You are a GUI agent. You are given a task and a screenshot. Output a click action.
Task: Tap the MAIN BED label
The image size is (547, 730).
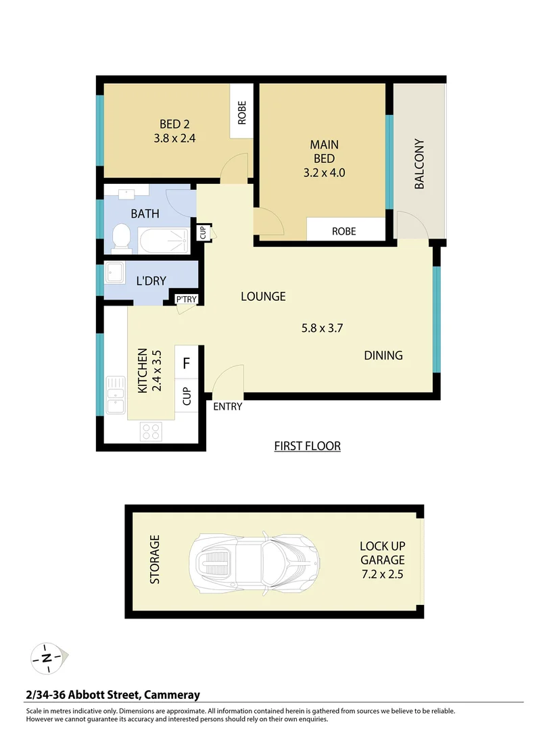(x=324, y=145)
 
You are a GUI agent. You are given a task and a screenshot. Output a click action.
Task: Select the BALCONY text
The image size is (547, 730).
(x=419, y=164)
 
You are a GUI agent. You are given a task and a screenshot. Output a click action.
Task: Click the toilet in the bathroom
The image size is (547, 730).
(x=121, y=237)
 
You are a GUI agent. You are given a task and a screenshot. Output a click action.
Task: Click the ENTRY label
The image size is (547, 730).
(x=227, y=407)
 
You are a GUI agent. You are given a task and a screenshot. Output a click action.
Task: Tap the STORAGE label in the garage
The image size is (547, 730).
(x=155, y=560)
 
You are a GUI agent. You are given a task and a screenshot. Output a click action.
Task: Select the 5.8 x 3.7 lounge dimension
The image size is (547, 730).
(x=323, y=329)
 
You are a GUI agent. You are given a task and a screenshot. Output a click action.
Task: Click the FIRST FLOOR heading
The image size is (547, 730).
(x=307, y=446)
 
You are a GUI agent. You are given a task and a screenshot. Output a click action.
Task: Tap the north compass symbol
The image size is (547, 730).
(x=47, y=657)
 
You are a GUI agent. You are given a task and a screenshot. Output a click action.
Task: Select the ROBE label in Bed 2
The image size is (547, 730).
(x=241, y=112)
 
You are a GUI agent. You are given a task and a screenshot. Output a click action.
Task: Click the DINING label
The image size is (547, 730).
(x=383, y=356)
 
